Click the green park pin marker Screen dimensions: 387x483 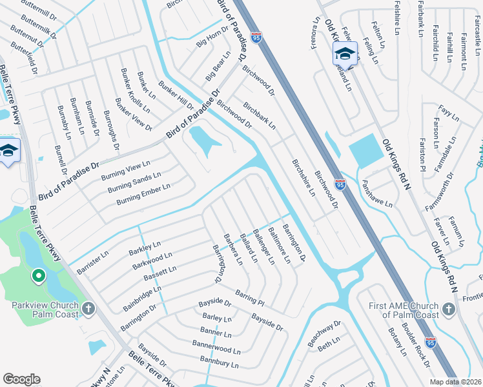pos(38,277)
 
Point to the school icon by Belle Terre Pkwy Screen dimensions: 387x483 pos(8,152)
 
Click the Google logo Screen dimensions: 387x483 pos(21,379)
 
